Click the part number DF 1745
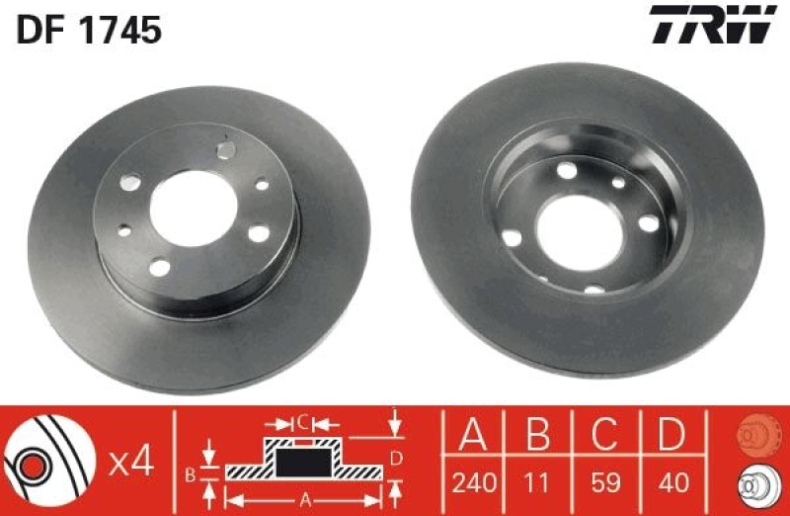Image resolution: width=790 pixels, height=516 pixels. click(89, 31)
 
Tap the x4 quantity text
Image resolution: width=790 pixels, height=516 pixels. click(130, 463)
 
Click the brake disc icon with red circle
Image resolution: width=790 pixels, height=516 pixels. click(43, 461)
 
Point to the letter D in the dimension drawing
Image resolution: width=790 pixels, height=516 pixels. click(396, 457)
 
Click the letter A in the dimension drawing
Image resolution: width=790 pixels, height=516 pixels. click(304, 498)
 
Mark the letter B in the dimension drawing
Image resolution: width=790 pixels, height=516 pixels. click(191, 473)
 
